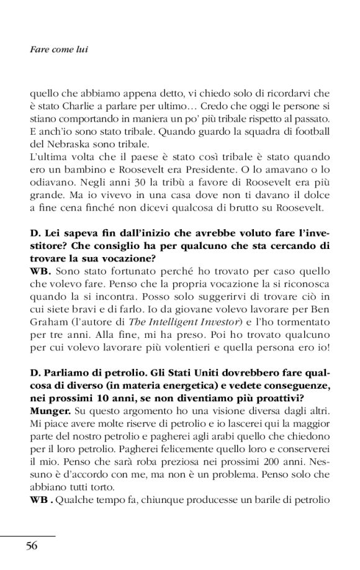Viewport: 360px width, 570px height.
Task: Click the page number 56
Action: click(32, 546)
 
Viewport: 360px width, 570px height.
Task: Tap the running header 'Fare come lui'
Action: click(58, 49)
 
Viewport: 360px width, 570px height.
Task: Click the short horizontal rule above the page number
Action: click(28, 535)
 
